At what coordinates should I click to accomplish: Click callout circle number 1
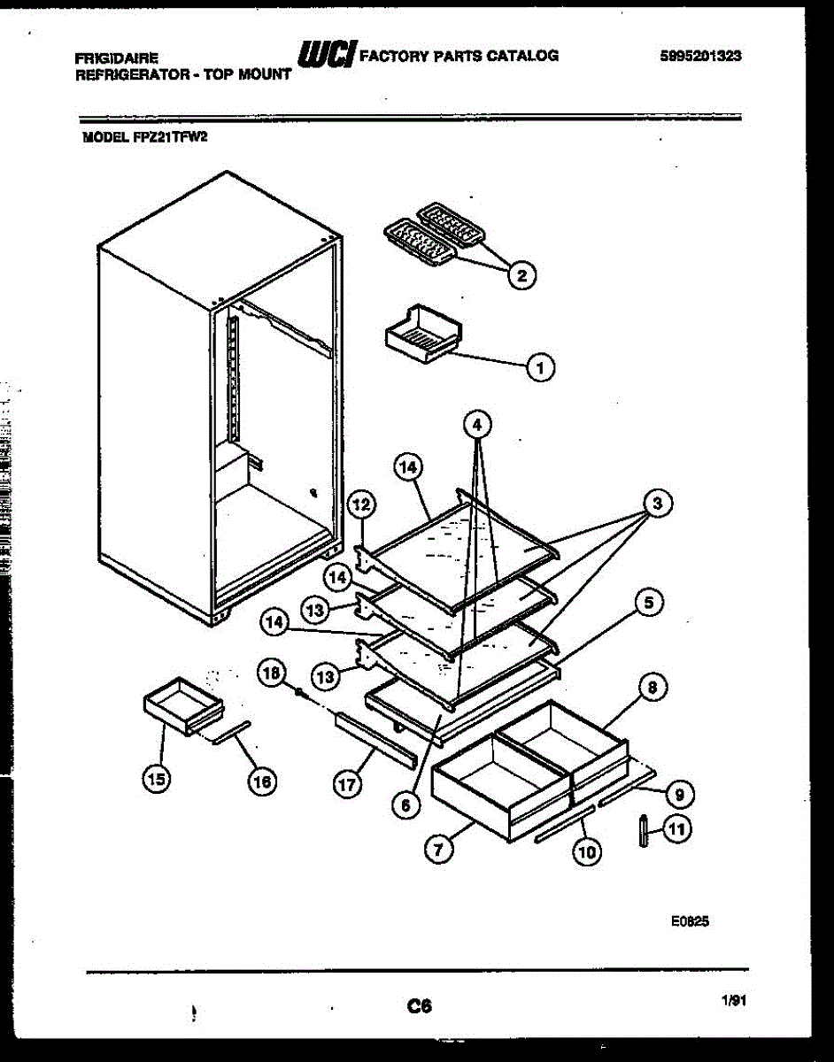[x=541, y=366]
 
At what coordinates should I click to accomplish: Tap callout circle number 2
[x=521, y=275]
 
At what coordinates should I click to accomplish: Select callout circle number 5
[x=649, y=604]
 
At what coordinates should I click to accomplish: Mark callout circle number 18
[x=271, y=673]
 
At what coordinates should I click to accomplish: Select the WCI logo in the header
[x=327, y=55]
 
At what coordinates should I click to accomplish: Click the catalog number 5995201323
[x=700, y=56]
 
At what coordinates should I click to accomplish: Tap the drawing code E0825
[x=690, y=921]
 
